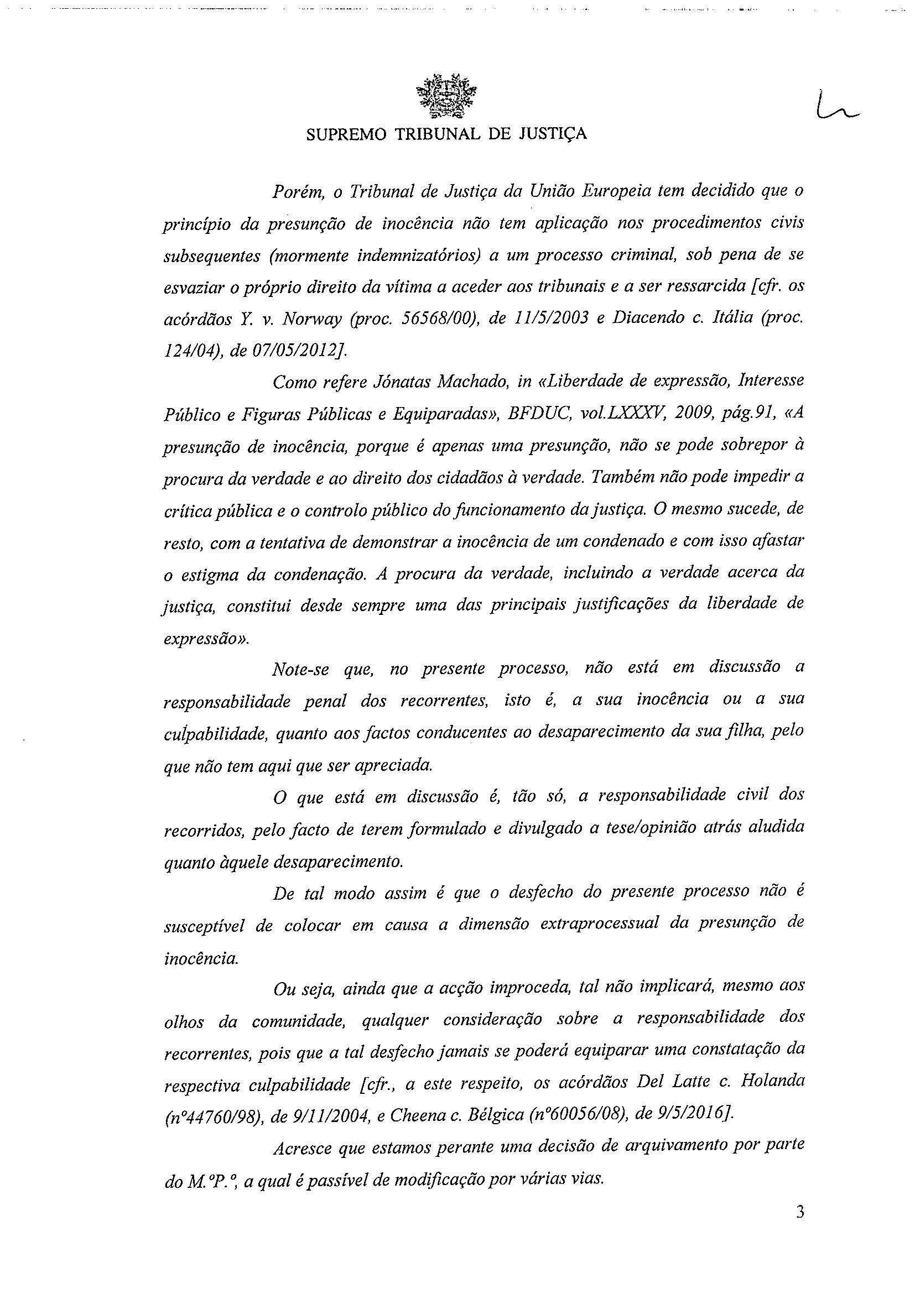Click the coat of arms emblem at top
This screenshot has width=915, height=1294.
446,96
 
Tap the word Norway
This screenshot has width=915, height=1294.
312,320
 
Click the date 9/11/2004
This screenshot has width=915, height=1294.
320,1114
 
